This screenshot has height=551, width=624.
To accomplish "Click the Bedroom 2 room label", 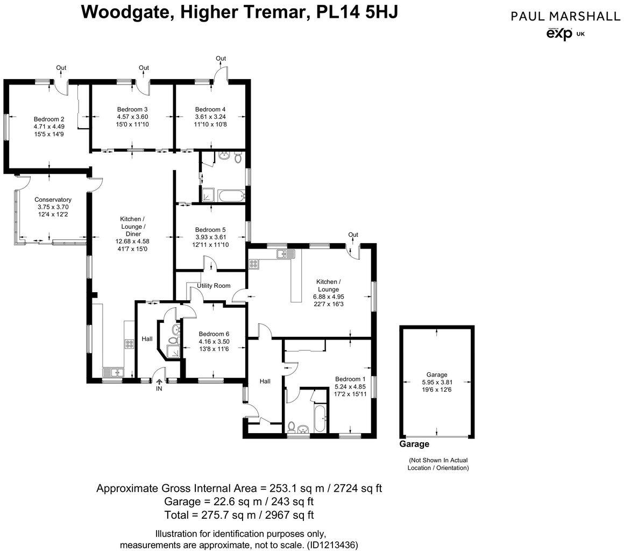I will tap(49, 119).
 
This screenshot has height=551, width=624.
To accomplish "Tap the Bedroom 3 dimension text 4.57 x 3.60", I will tap(132, 117).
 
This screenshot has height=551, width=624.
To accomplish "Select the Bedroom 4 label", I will tap(210, 109).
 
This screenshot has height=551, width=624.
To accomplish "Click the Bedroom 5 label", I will tap(210, 229).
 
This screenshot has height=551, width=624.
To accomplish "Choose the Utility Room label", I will tap(214, 285).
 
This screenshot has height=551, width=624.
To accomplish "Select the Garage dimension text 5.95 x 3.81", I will tap(437, 383).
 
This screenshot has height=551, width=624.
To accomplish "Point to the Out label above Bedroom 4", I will tap(221, 58).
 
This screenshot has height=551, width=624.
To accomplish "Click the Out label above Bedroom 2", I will tap(61, 68).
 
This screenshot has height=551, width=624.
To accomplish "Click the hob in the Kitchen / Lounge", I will tap(253, 264).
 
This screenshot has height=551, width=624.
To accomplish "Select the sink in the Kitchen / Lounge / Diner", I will tap(114, 372).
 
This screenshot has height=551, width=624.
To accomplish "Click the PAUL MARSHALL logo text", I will tap(565, 16).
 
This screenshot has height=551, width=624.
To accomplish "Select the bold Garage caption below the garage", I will tap(414, 444).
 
